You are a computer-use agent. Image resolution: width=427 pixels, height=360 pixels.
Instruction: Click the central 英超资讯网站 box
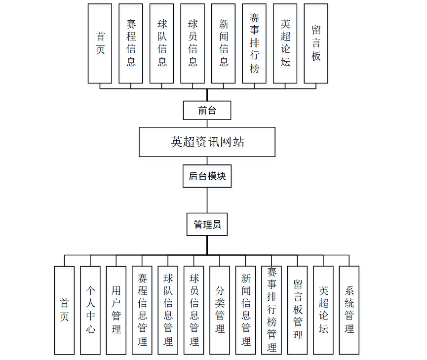click(x=207, y=142)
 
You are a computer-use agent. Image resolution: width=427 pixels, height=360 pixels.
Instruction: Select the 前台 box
click(x=207, y=110)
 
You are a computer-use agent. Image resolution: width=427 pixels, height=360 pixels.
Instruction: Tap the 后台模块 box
click(x=207, y=176)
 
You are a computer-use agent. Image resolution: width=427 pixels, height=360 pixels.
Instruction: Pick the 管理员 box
click(x=207, y=225)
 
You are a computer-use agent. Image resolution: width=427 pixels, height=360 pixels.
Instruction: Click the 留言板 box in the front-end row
click(x=316, y=43)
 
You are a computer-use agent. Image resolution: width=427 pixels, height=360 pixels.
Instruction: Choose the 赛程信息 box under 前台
click(x=131, y=43)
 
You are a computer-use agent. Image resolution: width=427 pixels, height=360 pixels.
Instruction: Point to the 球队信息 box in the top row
click(x=161, y=43)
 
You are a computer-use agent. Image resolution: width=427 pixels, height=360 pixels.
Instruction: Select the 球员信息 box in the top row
click(x=193, y=43)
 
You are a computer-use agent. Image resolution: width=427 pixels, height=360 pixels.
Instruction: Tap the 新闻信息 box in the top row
click(x=224, y=43)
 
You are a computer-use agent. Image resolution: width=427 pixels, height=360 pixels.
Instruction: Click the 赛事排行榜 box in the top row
click(x=254, y=43)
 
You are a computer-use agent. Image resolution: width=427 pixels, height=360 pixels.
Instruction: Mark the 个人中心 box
click(x=90, y=310)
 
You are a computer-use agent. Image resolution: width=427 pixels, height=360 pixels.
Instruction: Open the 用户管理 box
click(x=116, y=310)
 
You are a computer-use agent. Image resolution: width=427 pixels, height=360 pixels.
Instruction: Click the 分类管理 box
click(x=220, y=310)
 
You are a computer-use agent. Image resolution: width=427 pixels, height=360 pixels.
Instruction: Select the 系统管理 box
click(x=349, y=310)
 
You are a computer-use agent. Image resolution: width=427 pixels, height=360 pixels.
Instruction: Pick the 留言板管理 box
click(x=297, y=310)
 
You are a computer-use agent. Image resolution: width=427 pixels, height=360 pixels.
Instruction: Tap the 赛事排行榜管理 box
click(x=272, y=310)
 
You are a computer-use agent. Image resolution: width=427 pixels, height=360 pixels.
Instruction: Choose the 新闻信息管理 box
click(x=245, y=310)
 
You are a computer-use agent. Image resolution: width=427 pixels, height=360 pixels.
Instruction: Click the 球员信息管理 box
click(x=194, y=310)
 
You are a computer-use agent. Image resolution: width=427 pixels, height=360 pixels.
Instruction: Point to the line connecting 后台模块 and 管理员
click(x=207, y=200)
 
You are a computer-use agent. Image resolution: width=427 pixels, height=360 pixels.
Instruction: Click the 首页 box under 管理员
click(x=64, y=310)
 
